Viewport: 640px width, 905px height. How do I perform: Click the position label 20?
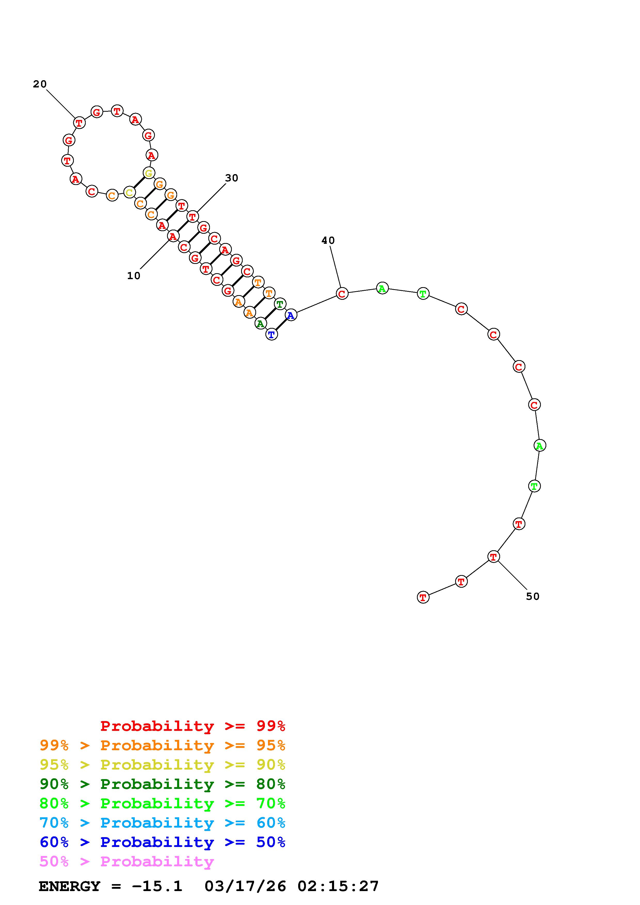(x=40, y=84)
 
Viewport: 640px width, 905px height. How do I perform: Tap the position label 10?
(x=134, y=276)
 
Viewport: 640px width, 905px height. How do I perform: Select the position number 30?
(x=232, y=178)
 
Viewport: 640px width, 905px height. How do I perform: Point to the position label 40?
(x=328, y=240)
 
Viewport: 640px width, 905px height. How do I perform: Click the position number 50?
(x=533, y=596)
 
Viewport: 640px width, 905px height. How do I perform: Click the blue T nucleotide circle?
(x=272, y=335)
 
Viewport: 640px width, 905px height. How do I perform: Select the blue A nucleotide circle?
(x=291, y=315)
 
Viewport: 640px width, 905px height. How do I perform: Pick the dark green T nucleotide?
(x=280, y=304)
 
